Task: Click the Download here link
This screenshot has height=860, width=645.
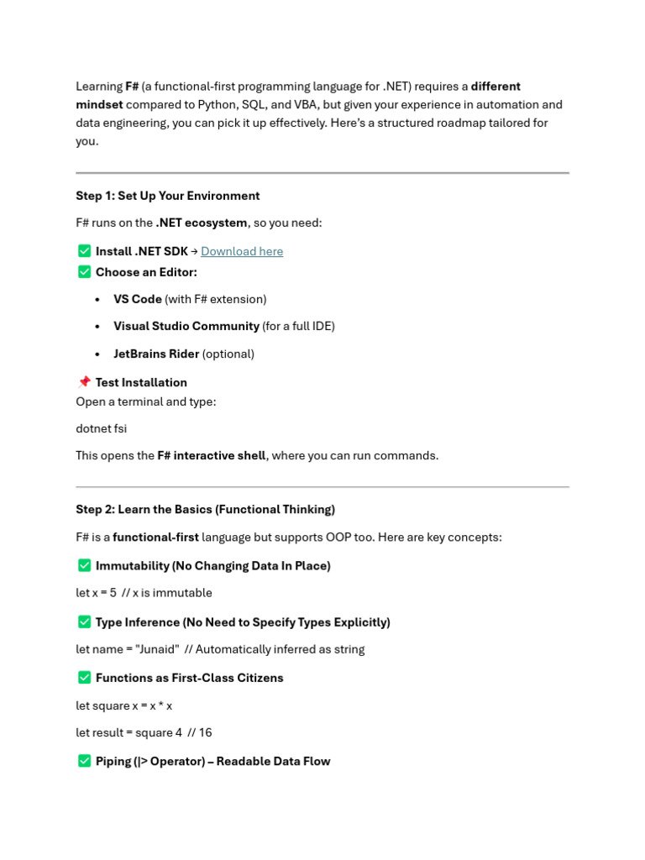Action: [242, 251]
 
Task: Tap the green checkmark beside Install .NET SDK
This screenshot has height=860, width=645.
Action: [84, 251]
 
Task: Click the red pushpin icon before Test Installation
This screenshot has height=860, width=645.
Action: [84, 382]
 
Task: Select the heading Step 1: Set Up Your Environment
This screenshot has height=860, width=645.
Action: [168, 196]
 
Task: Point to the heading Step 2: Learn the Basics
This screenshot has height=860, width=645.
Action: [205, 510]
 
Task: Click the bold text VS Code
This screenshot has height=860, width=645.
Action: [138, 299]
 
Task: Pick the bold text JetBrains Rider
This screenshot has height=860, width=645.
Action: [156, 354]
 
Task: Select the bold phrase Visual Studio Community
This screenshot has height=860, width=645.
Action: [186, 326]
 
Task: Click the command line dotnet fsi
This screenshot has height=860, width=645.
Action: [102, 428]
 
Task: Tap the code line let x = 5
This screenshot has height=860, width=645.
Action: [96, 593]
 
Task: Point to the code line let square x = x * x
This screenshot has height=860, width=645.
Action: [124, 705]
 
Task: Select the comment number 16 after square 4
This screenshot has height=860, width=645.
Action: [205, 732]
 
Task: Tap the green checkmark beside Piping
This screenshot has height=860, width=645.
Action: [84, 761]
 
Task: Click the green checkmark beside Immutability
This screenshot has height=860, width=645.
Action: [84, 566]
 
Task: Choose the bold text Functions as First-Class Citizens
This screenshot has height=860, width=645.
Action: [189, 678]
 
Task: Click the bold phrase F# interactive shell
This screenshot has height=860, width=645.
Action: [212, 455]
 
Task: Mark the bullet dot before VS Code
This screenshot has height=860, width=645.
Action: [98, 300]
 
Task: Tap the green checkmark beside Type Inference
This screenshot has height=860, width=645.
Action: [84, 622]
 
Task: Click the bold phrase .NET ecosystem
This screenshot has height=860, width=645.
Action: [202, 223]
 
